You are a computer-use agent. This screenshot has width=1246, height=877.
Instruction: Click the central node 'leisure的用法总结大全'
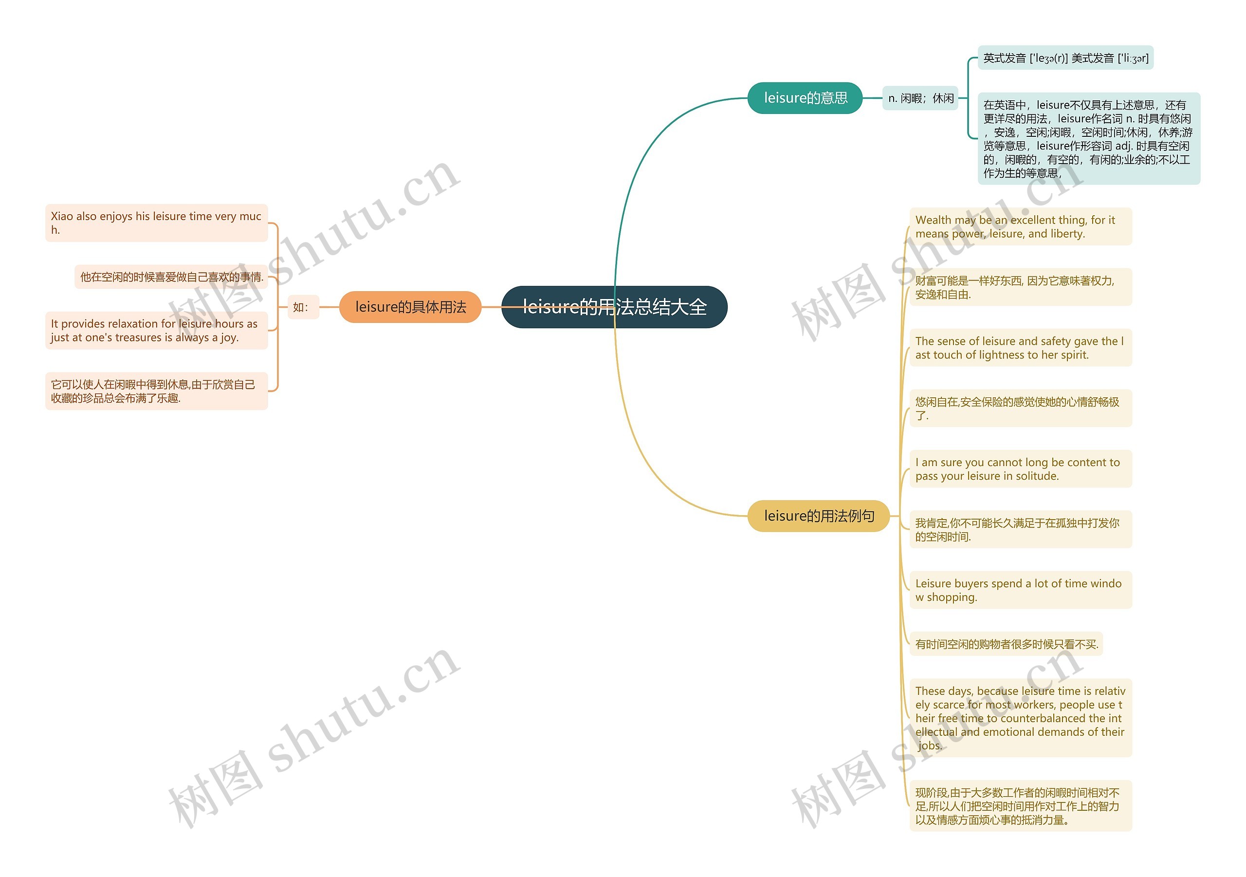pos(614,307)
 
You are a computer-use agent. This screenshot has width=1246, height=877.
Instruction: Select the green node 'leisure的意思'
pos(805,98)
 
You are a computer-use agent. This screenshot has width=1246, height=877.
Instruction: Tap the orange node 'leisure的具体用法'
pos(410,307)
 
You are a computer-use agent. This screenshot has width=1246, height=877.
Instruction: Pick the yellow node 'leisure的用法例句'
pos(818,516)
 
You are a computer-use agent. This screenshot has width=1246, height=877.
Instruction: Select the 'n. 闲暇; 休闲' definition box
pos(920,98)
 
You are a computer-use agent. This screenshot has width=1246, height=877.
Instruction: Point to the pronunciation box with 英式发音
pos(1065,57)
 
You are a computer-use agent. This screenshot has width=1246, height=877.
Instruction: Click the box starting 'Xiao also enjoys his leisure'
pos(156,223)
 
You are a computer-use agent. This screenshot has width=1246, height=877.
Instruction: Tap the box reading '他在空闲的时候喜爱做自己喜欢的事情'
pos(171,277)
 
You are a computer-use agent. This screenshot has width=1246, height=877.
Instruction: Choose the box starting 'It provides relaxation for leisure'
pos(156,330)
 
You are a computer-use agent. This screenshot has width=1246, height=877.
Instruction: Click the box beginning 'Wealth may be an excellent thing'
pos(1020,226)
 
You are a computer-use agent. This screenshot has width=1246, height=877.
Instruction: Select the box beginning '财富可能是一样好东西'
pos(1020,287)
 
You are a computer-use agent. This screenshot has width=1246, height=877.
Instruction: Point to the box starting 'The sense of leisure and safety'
pos(1020,348)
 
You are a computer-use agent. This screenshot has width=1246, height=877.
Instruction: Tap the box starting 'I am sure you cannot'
pos(1020,468)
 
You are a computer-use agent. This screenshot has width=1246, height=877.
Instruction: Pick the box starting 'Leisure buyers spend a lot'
pos(1020,590)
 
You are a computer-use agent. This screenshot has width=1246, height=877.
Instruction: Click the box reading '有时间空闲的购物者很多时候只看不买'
pos(1006,644)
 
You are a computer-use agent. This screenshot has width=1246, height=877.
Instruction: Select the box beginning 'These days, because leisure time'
pos(1020,717)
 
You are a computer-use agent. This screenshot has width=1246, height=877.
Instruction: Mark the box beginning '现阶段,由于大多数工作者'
pos(1020,806)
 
